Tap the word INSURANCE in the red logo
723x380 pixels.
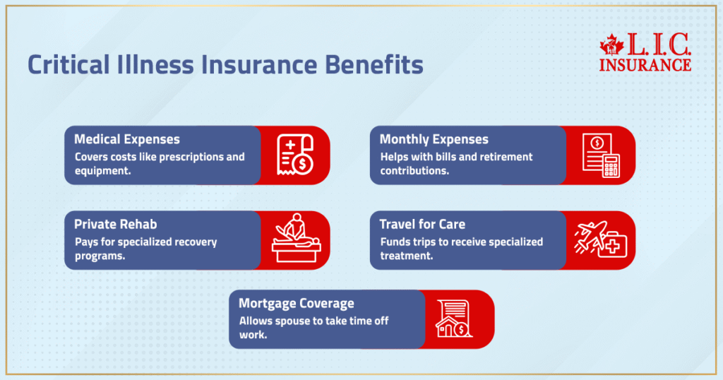point(645,65)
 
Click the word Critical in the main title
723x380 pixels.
point(68,64)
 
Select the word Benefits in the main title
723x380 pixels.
point(374,64)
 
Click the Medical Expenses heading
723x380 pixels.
point(127,139)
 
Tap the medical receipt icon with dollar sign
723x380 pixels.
point(295,155)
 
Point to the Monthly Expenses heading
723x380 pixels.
point(434,139)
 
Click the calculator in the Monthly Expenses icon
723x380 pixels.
point(611,166)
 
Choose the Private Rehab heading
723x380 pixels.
point(115,224)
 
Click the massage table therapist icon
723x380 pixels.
point(297,238)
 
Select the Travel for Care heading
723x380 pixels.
point(422,224)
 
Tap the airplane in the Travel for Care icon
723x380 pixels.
point(590,237)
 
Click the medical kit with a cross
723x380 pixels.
point(613,246)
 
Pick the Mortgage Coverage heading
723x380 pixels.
point(297,304)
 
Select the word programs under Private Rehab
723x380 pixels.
point(100,256)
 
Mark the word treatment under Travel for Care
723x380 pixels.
point(406,256)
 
